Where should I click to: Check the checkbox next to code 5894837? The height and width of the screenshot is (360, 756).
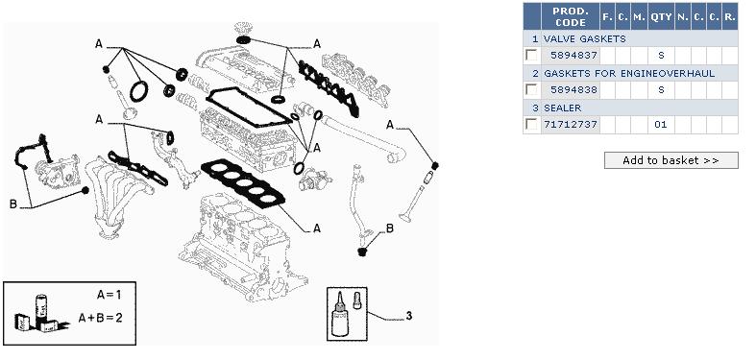tap(532, 55)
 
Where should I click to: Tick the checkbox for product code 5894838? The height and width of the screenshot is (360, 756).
tap(532, 89)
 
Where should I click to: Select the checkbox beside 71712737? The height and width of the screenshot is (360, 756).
tap(532, 125)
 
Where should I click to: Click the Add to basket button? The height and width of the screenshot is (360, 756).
tap(671, 160)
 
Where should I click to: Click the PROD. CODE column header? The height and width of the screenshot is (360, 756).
tap(570, 16)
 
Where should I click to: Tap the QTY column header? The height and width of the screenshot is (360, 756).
tap(661, 16)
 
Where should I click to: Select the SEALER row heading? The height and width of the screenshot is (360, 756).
tap(563, 108)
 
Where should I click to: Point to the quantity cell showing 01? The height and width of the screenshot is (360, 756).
tap(661, 125)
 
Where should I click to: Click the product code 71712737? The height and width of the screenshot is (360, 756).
tap(571, 125)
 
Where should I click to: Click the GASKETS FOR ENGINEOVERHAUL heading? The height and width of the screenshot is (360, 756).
tap(629, 73)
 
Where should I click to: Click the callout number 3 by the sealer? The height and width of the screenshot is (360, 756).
tap(409, 316)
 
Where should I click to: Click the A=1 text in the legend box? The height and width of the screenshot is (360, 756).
tap(109, 295)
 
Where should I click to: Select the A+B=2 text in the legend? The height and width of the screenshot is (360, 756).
tap(100, 318)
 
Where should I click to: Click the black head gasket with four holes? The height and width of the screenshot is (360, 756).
tap(242, 183)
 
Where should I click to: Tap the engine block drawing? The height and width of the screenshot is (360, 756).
tap(236, 246)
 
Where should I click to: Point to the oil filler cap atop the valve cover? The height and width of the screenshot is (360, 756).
tap(242, 32)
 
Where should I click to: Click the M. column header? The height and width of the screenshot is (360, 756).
tap(639, 16)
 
